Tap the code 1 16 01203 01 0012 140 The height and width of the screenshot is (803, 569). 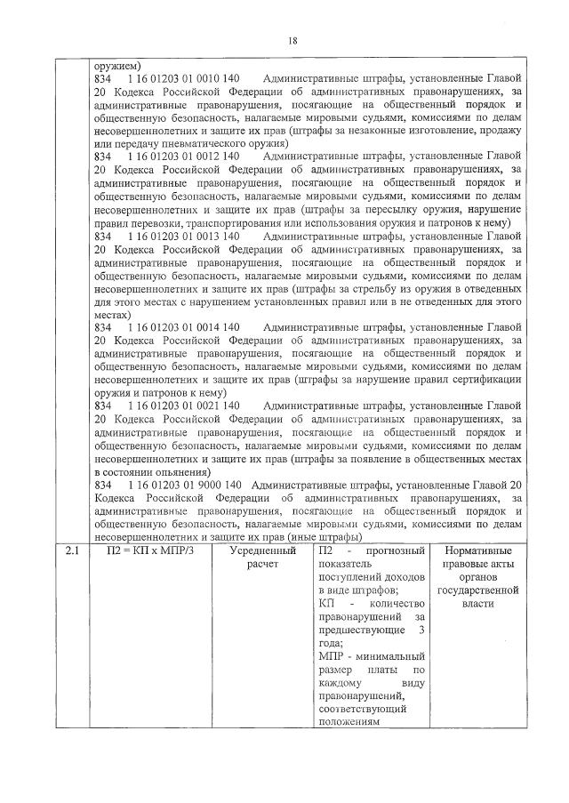coord(185,156)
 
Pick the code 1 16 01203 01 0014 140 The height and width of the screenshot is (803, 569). coord(185,327)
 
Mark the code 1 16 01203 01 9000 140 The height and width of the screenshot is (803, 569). coord(185,485)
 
